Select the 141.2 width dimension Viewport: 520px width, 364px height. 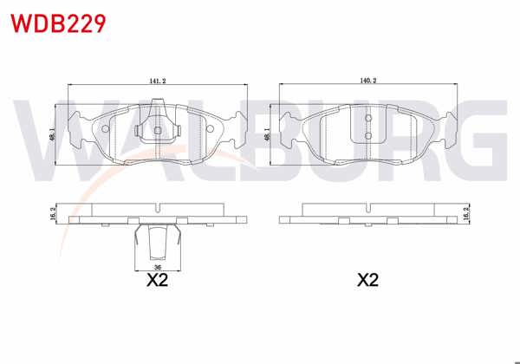coord(157,81)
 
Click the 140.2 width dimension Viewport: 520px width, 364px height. coord(368,81)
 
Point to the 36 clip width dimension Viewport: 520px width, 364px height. coord(157,268)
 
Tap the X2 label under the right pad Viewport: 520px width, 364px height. coord(368,281)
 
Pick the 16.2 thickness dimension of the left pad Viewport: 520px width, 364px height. coord(54,213)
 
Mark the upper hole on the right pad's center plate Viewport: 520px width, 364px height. coord(368,118)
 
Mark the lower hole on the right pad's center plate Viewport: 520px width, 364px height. coord(368,135)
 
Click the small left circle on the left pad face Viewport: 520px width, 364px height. coord(107,131)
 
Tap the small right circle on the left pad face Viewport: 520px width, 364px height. coord(209,131)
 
